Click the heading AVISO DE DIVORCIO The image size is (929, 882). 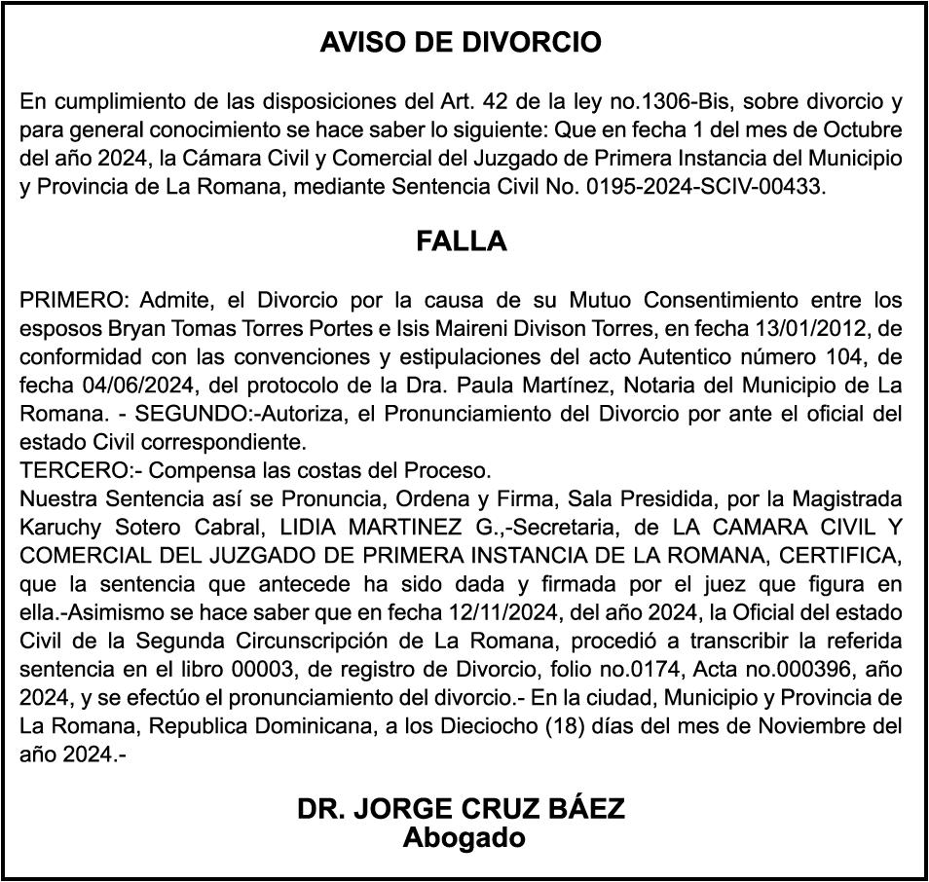[462, 43]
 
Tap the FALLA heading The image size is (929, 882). [462, 241]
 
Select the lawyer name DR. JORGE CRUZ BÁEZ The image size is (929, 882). [462, 810]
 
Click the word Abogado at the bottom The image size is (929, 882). [464, 837]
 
